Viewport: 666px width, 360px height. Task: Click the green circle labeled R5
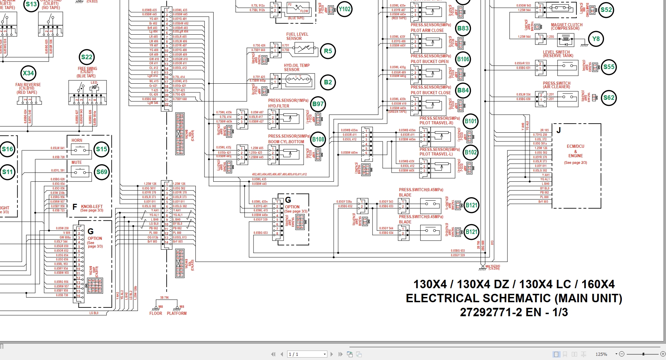click(328, 51)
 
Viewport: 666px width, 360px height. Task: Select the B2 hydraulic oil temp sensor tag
click(328, 82)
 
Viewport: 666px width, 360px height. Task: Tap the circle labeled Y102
click(345, 9)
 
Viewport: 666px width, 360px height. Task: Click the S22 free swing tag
click(86, 57)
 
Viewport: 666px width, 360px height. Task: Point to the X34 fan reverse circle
click(28, 73)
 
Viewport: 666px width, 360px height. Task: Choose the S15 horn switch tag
click(102, 149)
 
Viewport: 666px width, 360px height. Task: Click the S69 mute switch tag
click(102, 172)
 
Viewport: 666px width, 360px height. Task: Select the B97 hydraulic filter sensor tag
click(318, 104)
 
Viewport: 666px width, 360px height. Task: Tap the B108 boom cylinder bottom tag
click(318, 139)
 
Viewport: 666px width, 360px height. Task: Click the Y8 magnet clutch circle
click(596, 39)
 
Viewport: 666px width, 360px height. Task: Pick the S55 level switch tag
click(609, 67)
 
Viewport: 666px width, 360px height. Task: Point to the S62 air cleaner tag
click(609, 98)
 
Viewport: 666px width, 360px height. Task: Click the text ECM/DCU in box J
click(575, 146)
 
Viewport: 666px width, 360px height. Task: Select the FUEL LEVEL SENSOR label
click(297, 36)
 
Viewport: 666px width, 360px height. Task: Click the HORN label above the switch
click(77, 140)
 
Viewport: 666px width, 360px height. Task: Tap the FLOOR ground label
click(156, 313)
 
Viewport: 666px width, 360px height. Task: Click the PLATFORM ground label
click(177, 313)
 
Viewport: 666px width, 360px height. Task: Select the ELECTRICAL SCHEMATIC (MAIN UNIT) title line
click(514, 298)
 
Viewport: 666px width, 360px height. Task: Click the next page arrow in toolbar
click(332, 354)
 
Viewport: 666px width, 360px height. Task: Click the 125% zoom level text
click(601, 354)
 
